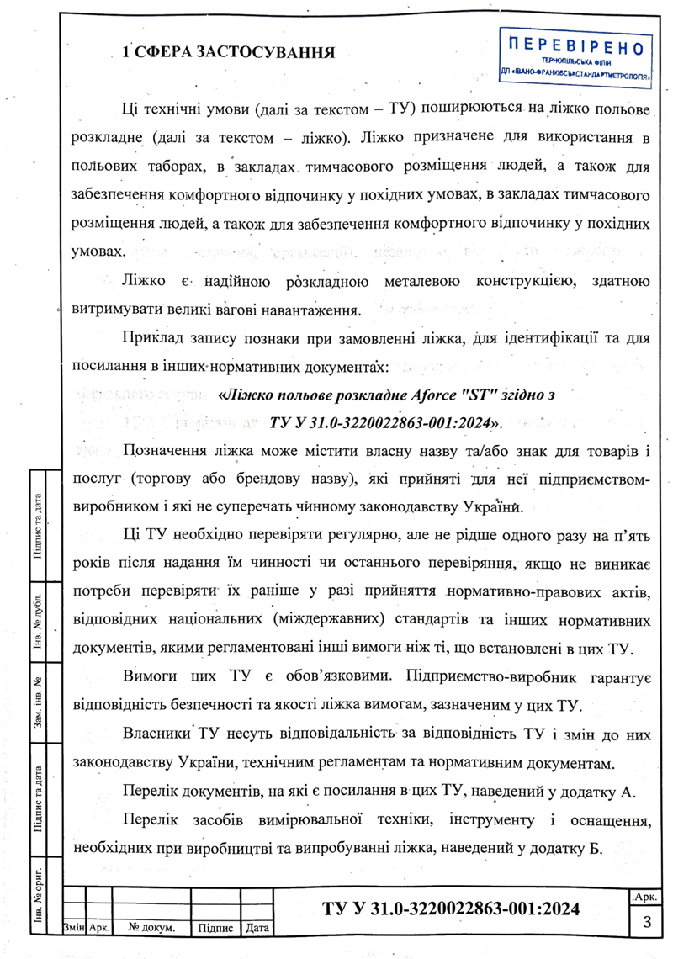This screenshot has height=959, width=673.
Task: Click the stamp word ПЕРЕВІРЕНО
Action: pos(577,46)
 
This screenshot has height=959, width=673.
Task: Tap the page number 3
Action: pos(648,922)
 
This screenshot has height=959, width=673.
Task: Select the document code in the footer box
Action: pos(452,909)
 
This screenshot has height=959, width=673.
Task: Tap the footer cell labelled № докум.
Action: pos(151,929)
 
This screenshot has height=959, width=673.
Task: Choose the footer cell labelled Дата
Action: pos(257,929)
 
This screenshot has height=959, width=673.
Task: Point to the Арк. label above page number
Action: pos(647,898)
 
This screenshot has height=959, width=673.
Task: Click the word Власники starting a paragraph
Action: pos(159,734)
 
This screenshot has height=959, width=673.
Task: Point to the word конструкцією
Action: pos(522,281)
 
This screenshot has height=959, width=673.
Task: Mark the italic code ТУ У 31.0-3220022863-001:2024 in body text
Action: pos(383,420)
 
